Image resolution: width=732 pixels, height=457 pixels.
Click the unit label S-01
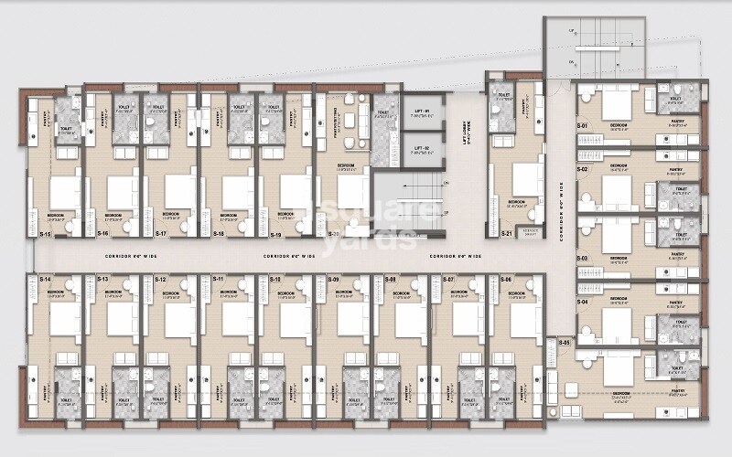pos(582,124)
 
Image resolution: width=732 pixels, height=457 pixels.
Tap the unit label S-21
pos(506,234)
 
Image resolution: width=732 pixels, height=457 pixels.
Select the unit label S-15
pos(45,234)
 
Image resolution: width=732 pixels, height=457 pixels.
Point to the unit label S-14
pos(45,279)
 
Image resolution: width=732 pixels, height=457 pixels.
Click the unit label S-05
pos(565,342)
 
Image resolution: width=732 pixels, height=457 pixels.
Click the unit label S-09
pos(334,279)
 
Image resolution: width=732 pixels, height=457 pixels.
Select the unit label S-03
pos(582,259)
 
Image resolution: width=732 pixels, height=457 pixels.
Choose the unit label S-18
pos(218,234)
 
